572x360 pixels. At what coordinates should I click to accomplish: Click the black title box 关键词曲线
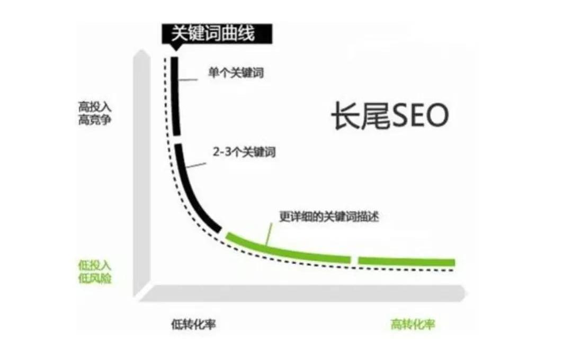[217, 34]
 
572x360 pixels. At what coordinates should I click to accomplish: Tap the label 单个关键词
[236, 73]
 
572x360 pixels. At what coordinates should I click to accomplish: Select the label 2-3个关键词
[244, 152]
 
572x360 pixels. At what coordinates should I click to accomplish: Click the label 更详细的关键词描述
[329, 217]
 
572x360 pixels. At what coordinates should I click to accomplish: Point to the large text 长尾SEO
[390, 115]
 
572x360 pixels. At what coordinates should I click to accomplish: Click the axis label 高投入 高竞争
[94, 113]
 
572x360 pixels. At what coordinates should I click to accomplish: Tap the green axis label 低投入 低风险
[94, 272]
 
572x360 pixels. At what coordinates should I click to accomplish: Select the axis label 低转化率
[193, 324]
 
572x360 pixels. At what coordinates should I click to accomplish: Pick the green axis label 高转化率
[413, 324]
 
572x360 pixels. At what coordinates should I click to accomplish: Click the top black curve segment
[175, 96]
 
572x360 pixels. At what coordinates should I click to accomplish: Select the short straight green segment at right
[406, 261]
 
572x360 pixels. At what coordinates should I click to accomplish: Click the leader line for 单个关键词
[188, 79]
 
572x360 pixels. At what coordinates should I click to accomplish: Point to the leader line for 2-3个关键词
[196, 165]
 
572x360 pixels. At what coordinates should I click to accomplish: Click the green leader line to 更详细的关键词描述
[269, 234]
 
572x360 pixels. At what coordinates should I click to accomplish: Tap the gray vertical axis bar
[142, 173]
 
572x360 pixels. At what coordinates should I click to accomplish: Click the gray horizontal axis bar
[301, 294]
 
